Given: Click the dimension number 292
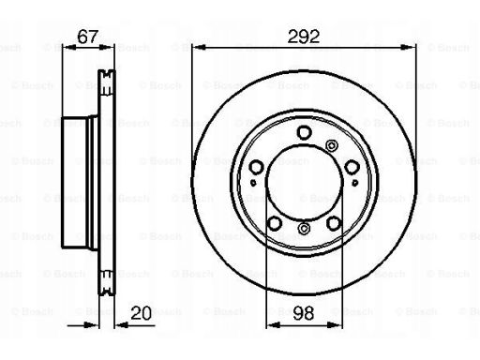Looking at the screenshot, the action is [x=304, y=37].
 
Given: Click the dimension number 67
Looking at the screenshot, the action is [x=87, y=37].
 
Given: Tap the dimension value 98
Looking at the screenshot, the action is [x=304, y=313].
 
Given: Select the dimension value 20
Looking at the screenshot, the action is [x=141, y=313].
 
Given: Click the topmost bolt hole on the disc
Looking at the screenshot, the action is [x=304, y=132].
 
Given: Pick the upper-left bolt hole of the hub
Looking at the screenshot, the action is [x=256, y=167].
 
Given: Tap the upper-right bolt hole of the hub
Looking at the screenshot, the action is [x=352, y=167].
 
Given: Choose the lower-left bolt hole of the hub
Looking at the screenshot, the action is [x=275, y=223].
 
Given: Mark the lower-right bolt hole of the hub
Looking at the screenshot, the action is [x=334, y=223].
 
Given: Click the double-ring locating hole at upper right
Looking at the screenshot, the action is [x=332, y=145].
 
